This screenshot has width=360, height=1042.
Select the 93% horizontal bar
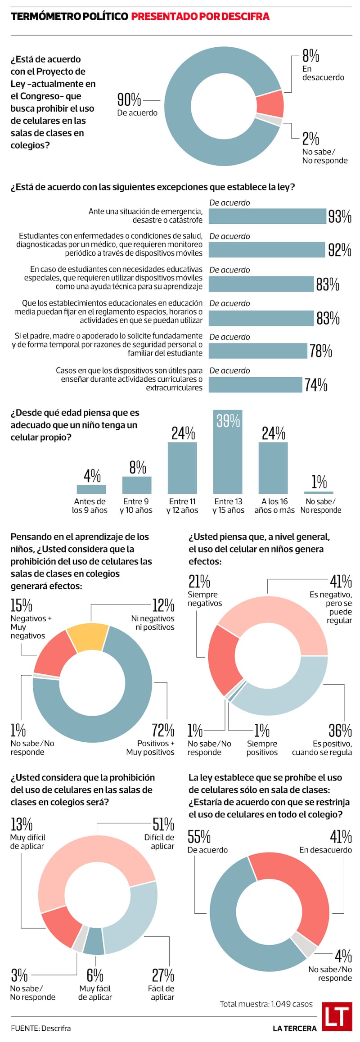tap(267, 217)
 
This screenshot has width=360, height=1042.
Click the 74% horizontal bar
tap(255, 385)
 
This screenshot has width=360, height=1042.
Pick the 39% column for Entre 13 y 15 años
tap(228, 451)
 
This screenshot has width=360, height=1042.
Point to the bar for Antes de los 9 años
tap(91, 489)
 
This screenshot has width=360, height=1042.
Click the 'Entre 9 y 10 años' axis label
tap(136, 506)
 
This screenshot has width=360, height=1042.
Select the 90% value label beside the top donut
tap(129, 99)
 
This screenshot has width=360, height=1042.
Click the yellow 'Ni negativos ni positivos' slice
tap(88, 637)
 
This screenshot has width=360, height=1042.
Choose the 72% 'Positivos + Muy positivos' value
tap(163, 730)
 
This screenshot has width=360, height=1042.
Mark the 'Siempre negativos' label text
tap(205, 599)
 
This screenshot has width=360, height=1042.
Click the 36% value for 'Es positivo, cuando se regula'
tap(340, 730)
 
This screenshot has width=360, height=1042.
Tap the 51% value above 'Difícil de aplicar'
tap(163, 824)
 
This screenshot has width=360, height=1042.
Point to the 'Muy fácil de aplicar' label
tap(95, 992)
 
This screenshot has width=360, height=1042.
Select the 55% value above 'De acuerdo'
tap(199, 837)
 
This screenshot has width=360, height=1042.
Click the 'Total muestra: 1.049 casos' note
tap(266, 1004)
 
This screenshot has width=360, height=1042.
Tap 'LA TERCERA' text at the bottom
tap(294, 1028)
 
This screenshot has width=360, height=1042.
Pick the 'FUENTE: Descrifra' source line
tap(41, 1028)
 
